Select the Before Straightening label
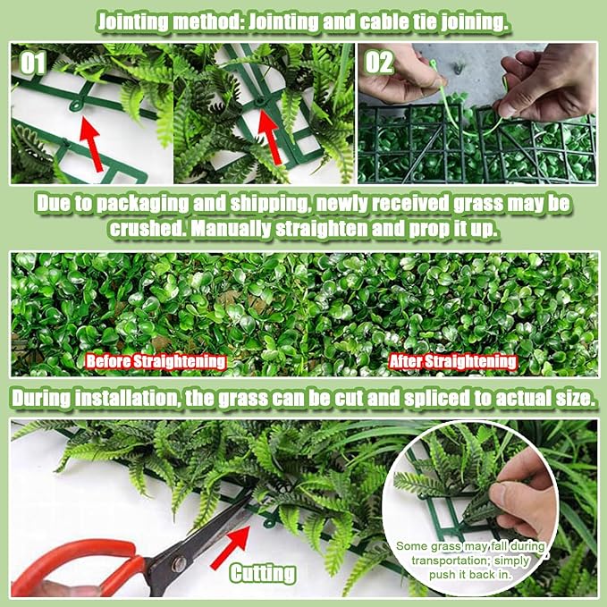click(156, 361)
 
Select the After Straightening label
click(452, 361)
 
